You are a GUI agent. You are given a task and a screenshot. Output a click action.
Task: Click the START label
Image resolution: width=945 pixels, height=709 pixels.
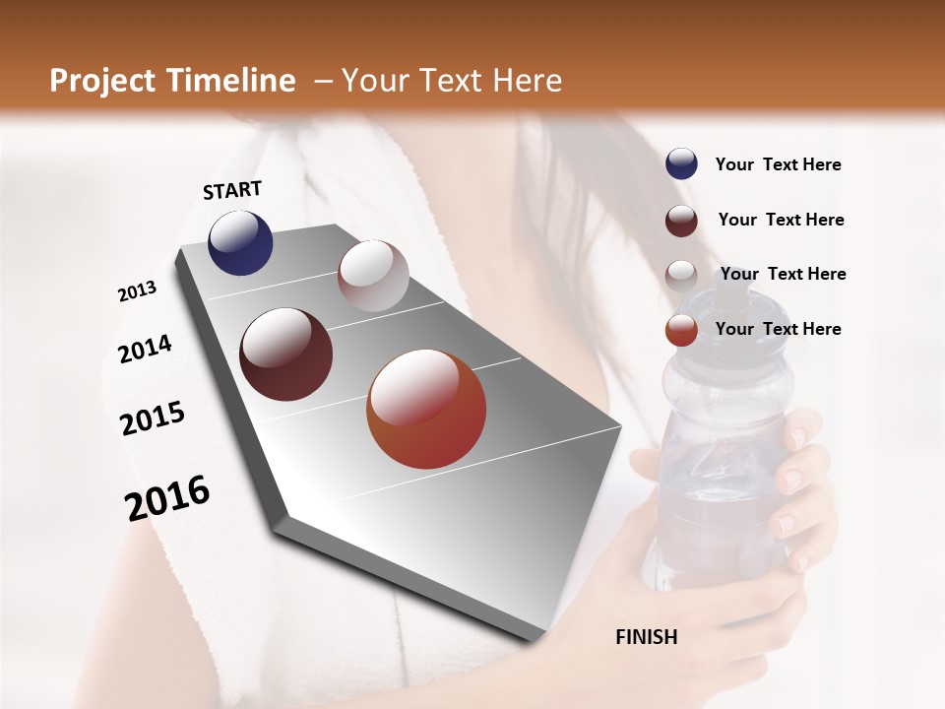(x=232, y=190)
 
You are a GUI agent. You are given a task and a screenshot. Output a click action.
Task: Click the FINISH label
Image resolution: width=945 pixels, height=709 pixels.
(x=646, y=637)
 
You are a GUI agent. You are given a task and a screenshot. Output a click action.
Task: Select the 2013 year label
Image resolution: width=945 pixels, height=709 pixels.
(x=137, y=291)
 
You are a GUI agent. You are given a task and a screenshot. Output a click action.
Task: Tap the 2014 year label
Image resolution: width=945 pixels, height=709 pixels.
(x=145, y=349)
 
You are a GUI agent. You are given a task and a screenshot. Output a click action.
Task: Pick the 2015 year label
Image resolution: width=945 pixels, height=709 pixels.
(x=153, y=419)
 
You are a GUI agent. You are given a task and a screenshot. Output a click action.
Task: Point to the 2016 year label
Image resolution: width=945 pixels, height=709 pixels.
(x=167, y=498)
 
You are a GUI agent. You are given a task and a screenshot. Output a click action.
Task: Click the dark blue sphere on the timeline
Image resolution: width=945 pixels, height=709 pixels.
(x=240, y=242)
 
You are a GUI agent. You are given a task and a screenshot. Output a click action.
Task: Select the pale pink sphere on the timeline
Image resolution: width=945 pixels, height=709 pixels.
(x=373, y=276)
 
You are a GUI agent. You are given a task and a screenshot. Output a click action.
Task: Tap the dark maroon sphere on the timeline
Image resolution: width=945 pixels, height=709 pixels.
(x=285, y=354)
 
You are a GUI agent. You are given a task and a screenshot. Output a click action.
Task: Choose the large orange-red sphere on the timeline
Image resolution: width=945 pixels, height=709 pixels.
(x=426, y=409)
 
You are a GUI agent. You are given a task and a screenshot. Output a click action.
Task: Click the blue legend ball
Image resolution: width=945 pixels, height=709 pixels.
(x=681, y=163)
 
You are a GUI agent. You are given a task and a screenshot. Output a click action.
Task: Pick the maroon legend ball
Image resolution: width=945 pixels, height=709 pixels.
(x=681, y=220)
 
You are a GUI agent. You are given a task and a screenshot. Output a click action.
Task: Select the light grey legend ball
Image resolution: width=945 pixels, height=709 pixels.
(x=681, y=275)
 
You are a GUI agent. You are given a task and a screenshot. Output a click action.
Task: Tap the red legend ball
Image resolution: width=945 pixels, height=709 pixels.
(x=681, y=330)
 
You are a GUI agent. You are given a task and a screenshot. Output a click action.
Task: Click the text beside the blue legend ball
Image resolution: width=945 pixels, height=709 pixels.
(x=778, y=164)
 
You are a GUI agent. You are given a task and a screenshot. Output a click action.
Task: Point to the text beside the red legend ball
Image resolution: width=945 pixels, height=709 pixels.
(x=778, y=329)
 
